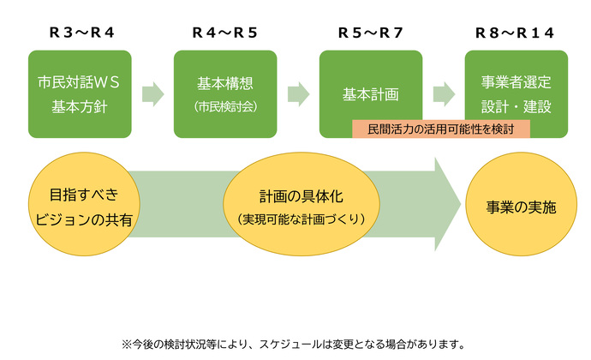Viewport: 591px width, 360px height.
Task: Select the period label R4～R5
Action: coord(224,33)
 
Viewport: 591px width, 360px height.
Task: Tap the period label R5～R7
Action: coord(371,33)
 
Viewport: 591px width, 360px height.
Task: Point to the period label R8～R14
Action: coord(516,33)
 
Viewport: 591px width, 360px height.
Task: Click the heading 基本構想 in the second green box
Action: coord(224,86)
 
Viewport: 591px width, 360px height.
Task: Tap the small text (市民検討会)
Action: coord(224,108)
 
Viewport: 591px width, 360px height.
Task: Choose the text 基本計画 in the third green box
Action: coord(371,93)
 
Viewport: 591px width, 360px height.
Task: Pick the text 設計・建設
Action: coord(516,108)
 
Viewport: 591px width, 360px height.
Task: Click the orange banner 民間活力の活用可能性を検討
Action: coord(441,129)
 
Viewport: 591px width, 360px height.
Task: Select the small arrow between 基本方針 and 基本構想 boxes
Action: coord(152,93)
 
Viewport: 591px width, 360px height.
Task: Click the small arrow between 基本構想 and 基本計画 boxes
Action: coord(298,93)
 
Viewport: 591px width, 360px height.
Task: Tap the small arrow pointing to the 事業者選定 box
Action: coord(444,93)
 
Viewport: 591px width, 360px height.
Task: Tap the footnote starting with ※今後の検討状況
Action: coord(295,345)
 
